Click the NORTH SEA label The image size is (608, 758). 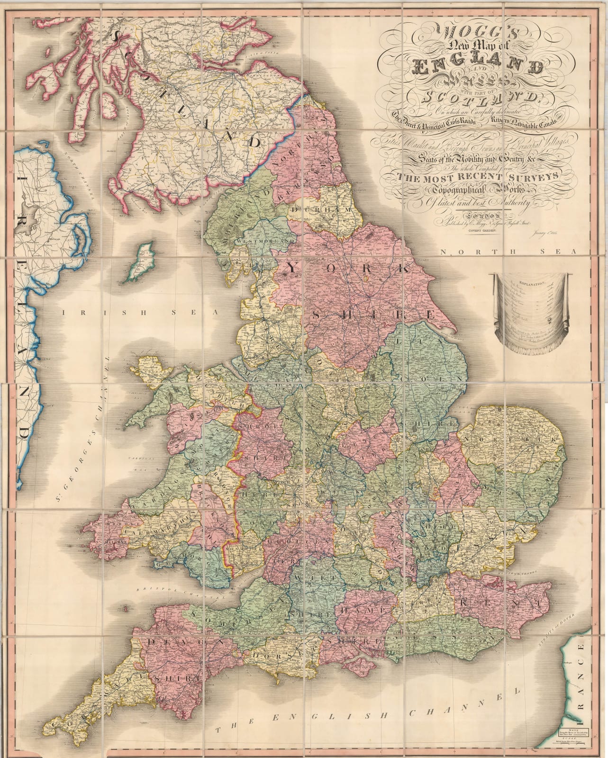[x=510, y=253]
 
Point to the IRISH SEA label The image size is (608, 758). [x=137, y=313]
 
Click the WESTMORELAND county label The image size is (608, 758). [x=265, y=241]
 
